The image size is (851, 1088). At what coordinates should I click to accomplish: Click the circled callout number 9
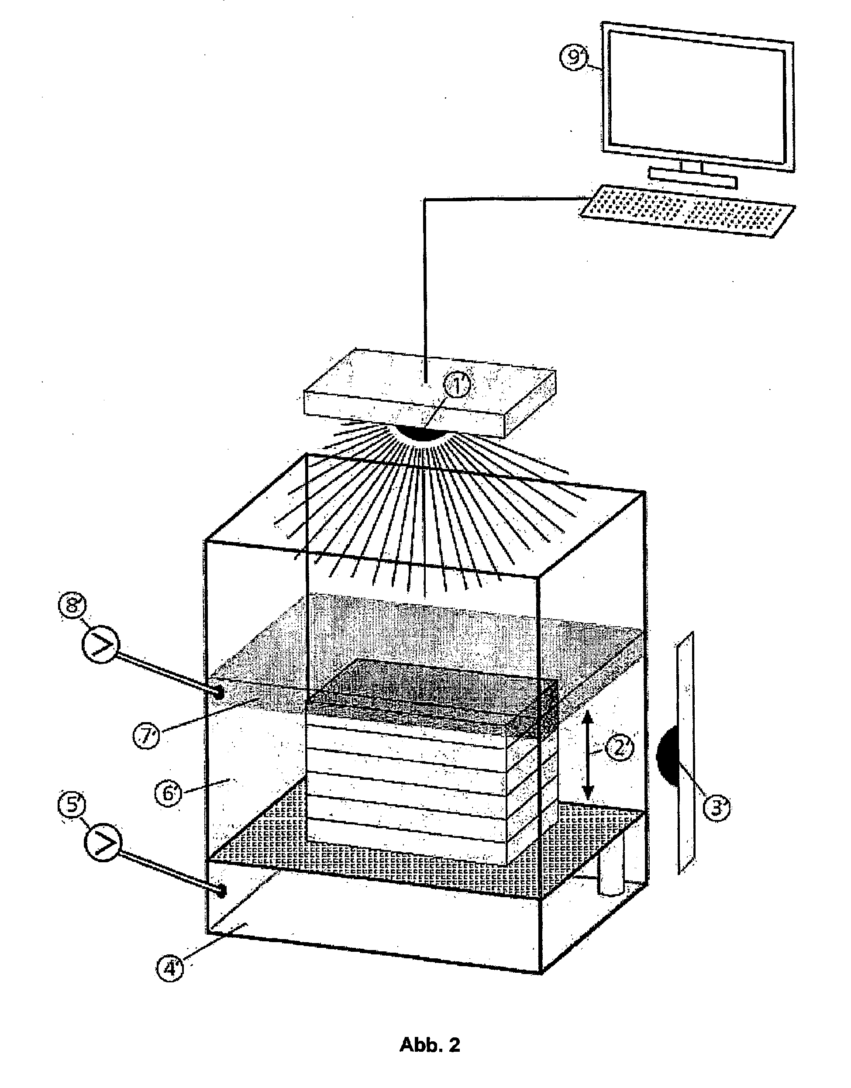[x=575, y=59]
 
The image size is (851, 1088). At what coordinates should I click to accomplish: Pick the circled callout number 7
[x=146, y=737]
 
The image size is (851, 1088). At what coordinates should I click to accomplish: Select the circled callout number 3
[x=716, y=808]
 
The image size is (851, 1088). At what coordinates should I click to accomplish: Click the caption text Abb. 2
[x=430, y=1041]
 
